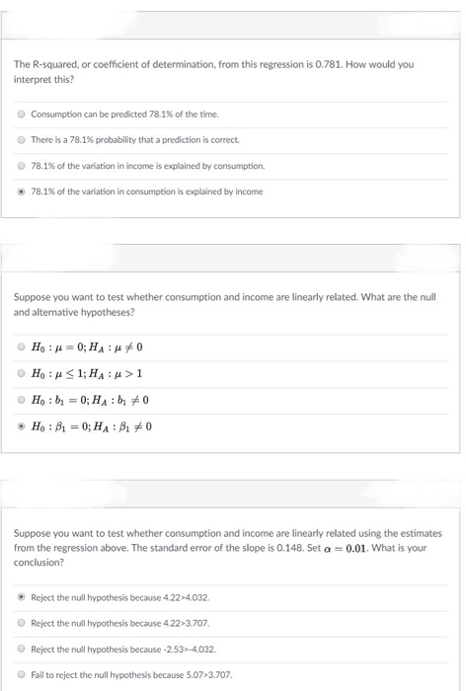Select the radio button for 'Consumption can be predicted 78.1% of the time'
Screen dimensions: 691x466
22,114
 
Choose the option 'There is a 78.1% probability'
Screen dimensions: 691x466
22,139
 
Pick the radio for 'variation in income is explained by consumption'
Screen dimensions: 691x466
22,165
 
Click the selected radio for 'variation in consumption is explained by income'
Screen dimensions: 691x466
22,191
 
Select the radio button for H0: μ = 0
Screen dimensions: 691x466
22,348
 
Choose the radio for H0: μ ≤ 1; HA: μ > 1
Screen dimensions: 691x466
22,375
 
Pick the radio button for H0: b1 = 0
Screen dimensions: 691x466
22,401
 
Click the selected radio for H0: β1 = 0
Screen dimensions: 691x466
22,426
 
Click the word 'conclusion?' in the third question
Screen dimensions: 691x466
37,562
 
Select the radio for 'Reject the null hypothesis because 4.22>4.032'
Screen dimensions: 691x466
22,596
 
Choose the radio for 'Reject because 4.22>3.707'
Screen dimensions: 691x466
22,622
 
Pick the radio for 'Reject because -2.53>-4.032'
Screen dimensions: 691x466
22,649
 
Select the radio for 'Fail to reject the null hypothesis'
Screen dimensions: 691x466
22,674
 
